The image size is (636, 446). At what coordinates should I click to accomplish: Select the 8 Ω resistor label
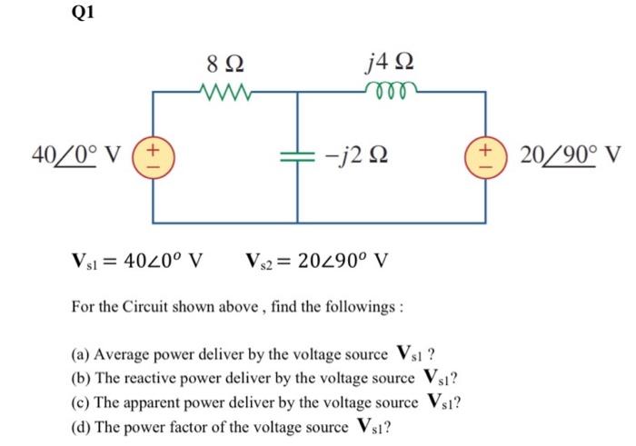[x=224, y=65]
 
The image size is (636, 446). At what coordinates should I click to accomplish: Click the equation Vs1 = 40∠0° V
[x=136, y=264]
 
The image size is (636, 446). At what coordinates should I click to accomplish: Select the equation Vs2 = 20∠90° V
[x=317, y=264]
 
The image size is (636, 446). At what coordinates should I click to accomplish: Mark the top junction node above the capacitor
[x=298, y=91]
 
